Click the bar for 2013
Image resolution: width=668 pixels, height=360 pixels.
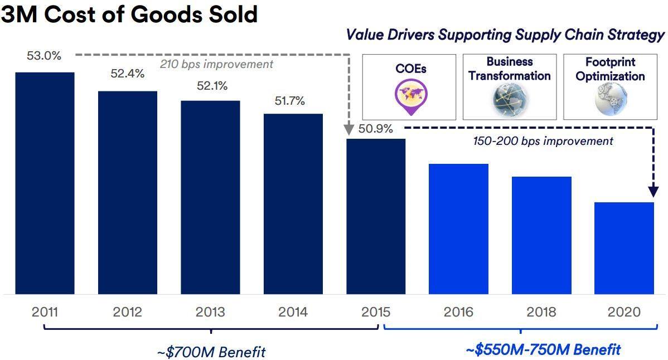(x=210, y=197)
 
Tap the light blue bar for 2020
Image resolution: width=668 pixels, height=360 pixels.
(x=624, y=248)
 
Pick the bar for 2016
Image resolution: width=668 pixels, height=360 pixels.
(x=458, y=228)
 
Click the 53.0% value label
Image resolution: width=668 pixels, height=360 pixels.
(x=43, y=56)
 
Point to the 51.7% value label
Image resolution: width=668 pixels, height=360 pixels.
(x=289, y=101)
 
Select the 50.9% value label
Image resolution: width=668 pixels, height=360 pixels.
(x=376, y=129)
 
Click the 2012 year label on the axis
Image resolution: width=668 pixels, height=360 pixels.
(x=128, y=312)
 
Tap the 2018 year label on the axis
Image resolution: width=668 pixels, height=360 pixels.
(x=541, y=312)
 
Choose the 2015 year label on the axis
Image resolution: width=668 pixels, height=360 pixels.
(x=376, y=312)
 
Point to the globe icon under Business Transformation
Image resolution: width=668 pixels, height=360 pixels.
(x=510, y=99)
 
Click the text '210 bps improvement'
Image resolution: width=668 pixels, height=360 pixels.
(x=217, y=65)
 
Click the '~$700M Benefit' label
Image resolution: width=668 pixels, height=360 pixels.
(x=211, y=352)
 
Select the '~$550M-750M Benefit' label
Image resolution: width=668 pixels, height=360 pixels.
(x=543, y=350)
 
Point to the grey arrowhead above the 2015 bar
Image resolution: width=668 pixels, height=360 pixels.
(x=348, y=130)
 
